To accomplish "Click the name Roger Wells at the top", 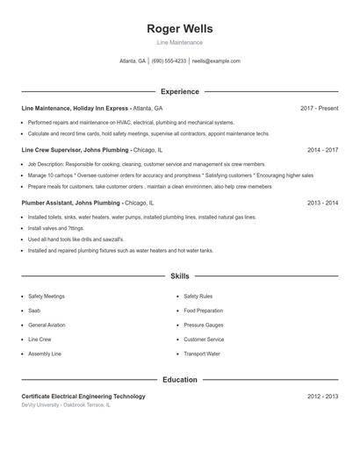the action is [179, 29].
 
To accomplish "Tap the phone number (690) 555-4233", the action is [169, 61].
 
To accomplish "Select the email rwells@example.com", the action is [216, 61].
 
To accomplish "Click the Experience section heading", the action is [179, 91].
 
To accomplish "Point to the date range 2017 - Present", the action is [319, 108].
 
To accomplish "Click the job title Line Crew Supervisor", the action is [52, 150].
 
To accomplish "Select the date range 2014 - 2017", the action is [322, 150].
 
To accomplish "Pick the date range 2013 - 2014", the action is [322, 203].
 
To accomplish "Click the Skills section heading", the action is [179, 275].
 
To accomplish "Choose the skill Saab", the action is [34, 311].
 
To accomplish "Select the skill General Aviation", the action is [47, 325].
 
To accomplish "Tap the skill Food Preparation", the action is [203, 311].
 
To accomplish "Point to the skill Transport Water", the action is [202, 354].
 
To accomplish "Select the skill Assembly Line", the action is [45, 354].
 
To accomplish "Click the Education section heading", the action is [179, 380].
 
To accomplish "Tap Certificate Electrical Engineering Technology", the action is [83, 397].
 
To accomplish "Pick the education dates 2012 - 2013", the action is [322, 397].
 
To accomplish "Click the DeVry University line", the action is [66, 406].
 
